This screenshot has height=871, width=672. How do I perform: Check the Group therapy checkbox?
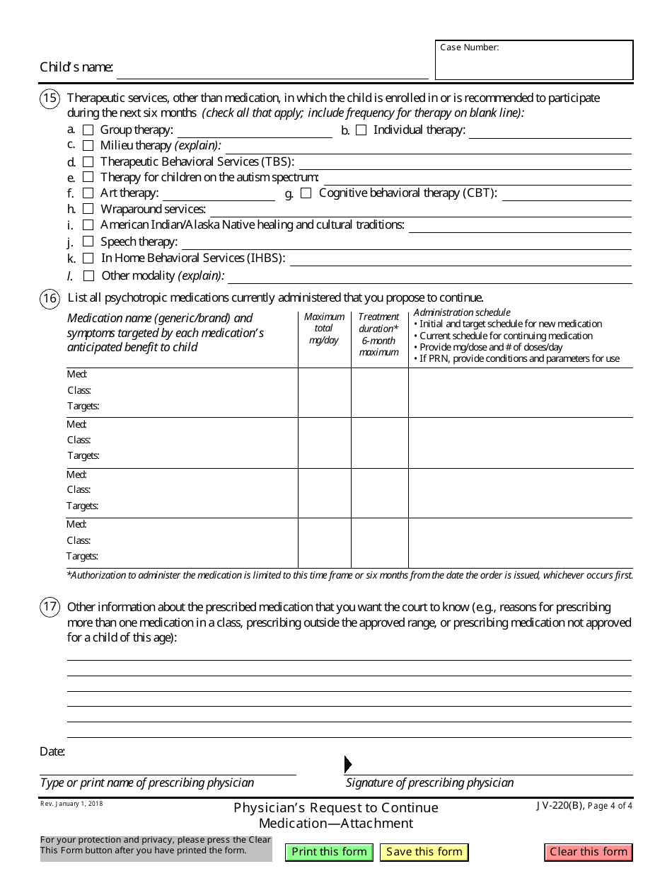coord(88,130)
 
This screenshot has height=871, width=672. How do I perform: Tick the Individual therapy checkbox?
coord(361,130)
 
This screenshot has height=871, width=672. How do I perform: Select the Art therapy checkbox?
coord(88,193)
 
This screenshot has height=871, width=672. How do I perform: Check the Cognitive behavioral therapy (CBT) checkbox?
coord(306,193)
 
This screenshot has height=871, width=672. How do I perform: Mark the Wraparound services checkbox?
coord(88,209)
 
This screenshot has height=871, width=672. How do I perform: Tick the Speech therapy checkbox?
coord(88,241)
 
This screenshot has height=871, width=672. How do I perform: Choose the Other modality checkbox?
coord(88,275)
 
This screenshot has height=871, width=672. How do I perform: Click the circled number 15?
coord(50,98)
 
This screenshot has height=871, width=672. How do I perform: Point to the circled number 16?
coord(50,298)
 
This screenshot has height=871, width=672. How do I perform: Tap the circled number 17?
coord(50,608)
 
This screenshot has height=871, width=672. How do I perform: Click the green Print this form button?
coord(329,852)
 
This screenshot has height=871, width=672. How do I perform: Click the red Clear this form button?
coord(588,852)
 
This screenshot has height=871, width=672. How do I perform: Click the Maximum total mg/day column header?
coord(324,329)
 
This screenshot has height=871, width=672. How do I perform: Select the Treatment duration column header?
coord(379,334)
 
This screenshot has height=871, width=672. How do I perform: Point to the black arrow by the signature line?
coord(347,764)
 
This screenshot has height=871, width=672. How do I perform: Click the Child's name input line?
coord(272,69)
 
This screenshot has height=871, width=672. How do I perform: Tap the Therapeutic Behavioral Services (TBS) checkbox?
coord(88,162)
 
